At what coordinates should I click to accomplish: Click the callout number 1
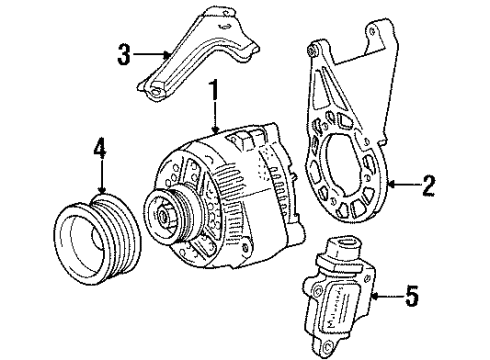click(214, 90)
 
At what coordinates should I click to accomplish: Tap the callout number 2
click(428, 185)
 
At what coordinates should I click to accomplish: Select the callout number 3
click(124, 55)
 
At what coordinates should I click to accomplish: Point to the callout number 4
click(100, 147)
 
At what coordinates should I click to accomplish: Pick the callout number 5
click(412, 296)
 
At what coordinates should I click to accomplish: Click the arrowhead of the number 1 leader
click(215, 130)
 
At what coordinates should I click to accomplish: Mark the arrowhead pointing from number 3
click(167, 54)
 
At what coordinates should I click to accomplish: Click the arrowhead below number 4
click(102, 190)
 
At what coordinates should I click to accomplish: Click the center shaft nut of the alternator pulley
click(164, 216)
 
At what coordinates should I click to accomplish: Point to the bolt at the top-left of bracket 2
click(313, 51)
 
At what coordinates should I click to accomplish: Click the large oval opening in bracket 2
click(341, 167)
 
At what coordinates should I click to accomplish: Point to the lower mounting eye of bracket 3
click(154, 92)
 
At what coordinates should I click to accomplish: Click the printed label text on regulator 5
click(333, 307)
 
